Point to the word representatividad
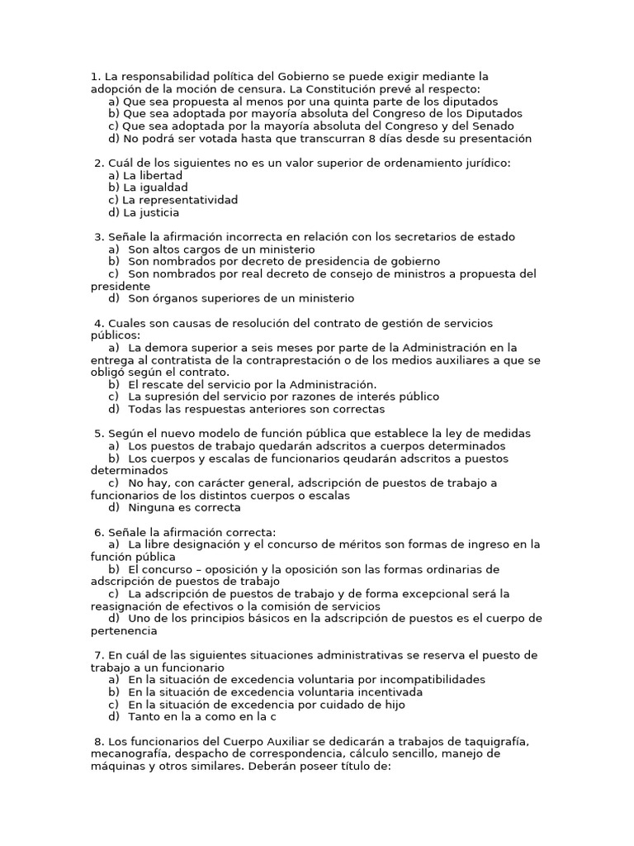tap(180, 200)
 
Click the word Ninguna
tap(152, 508)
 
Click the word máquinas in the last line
tap(116, 767)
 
